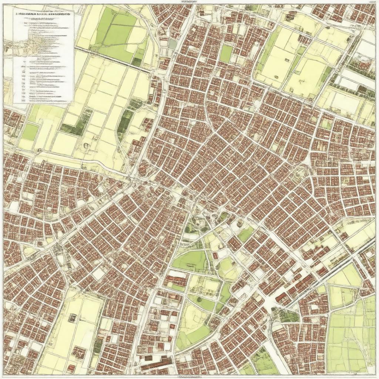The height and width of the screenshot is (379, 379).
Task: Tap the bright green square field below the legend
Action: [30, 132]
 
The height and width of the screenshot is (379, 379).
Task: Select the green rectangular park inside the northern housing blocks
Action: [225, 54]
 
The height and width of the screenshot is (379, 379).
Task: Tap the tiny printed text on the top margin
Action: [184, 2]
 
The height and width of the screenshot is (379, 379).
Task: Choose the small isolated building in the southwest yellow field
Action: [73, 317]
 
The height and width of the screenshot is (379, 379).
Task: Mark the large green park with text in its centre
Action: [189, 261]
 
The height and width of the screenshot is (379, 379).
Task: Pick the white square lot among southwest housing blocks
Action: [98, 274]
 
